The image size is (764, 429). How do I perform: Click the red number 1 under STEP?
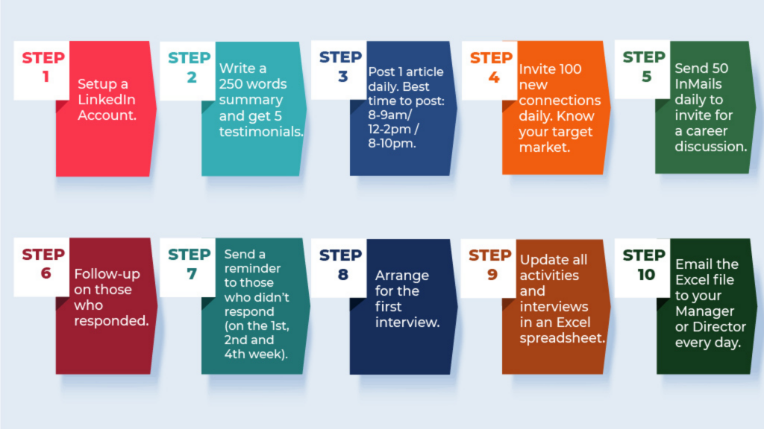[x=46, y=77]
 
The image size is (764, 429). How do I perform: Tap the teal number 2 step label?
[x=192, y=77]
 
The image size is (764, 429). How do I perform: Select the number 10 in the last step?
[x=646, y=274]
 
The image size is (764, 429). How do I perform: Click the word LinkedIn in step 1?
[x=107, y=99]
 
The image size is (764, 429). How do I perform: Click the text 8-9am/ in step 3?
[x=389, y=115]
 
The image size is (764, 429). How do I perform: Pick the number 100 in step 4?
[x=569, y=69]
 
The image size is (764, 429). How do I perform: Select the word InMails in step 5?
[x=698, y=83]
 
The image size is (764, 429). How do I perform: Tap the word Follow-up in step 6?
[x=107, y=274]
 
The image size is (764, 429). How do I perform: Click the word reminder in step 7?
[x=252, y=268]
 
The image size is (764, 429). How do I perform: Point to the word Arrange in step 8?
[x=402, y=276]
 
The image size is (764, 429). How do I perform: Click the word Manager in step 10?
[x=704, y=311]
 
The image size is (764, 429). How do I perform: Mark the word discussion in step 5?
[x=709, y=147]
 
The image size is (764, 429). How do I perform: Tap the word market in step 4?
[x=542, y=147]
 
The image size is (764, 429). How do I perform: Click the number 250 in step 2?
[x=231, y=83]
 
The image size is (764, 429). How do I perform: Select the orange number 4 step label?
[x=494, y=77]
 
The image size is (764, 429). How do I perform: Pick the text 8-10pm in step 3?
[x=390, y=144]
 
